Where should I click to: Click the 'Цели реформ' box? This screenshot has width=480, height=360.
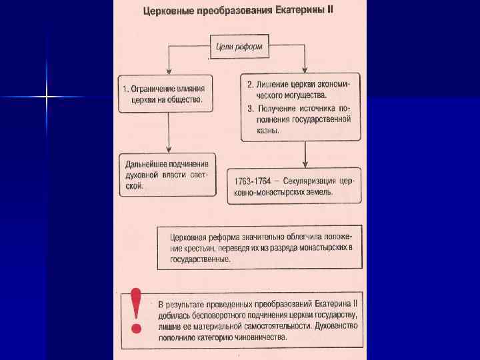[x=239, y=47]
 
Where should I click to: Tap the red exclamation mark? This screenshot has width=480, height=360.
[x=137, y=310]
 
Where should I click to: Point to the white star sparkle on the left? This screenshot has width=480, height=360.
[x=47, y=97]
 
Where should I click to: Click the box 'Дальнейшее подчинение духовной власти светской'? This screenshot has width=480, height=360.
[x=168, y=175]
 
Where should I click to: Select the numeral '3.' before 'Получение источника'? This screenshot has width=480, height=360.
[x=250, y=108]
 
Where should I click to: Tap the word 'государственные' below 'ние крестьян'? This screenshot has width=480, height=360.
[x=200, y=259]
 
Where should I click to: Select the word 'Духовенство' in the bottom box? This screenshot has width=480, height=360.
[x=336, y=326]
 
